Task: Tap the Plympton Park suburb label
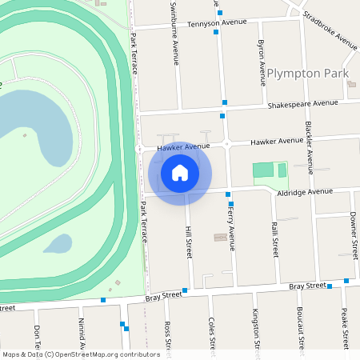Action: pos(308,74)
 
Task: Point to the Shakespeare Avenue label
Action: pos(303,104)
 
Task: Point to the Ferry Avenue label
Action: pos(231,227)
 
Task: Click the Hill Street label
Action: pos(190,240)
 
